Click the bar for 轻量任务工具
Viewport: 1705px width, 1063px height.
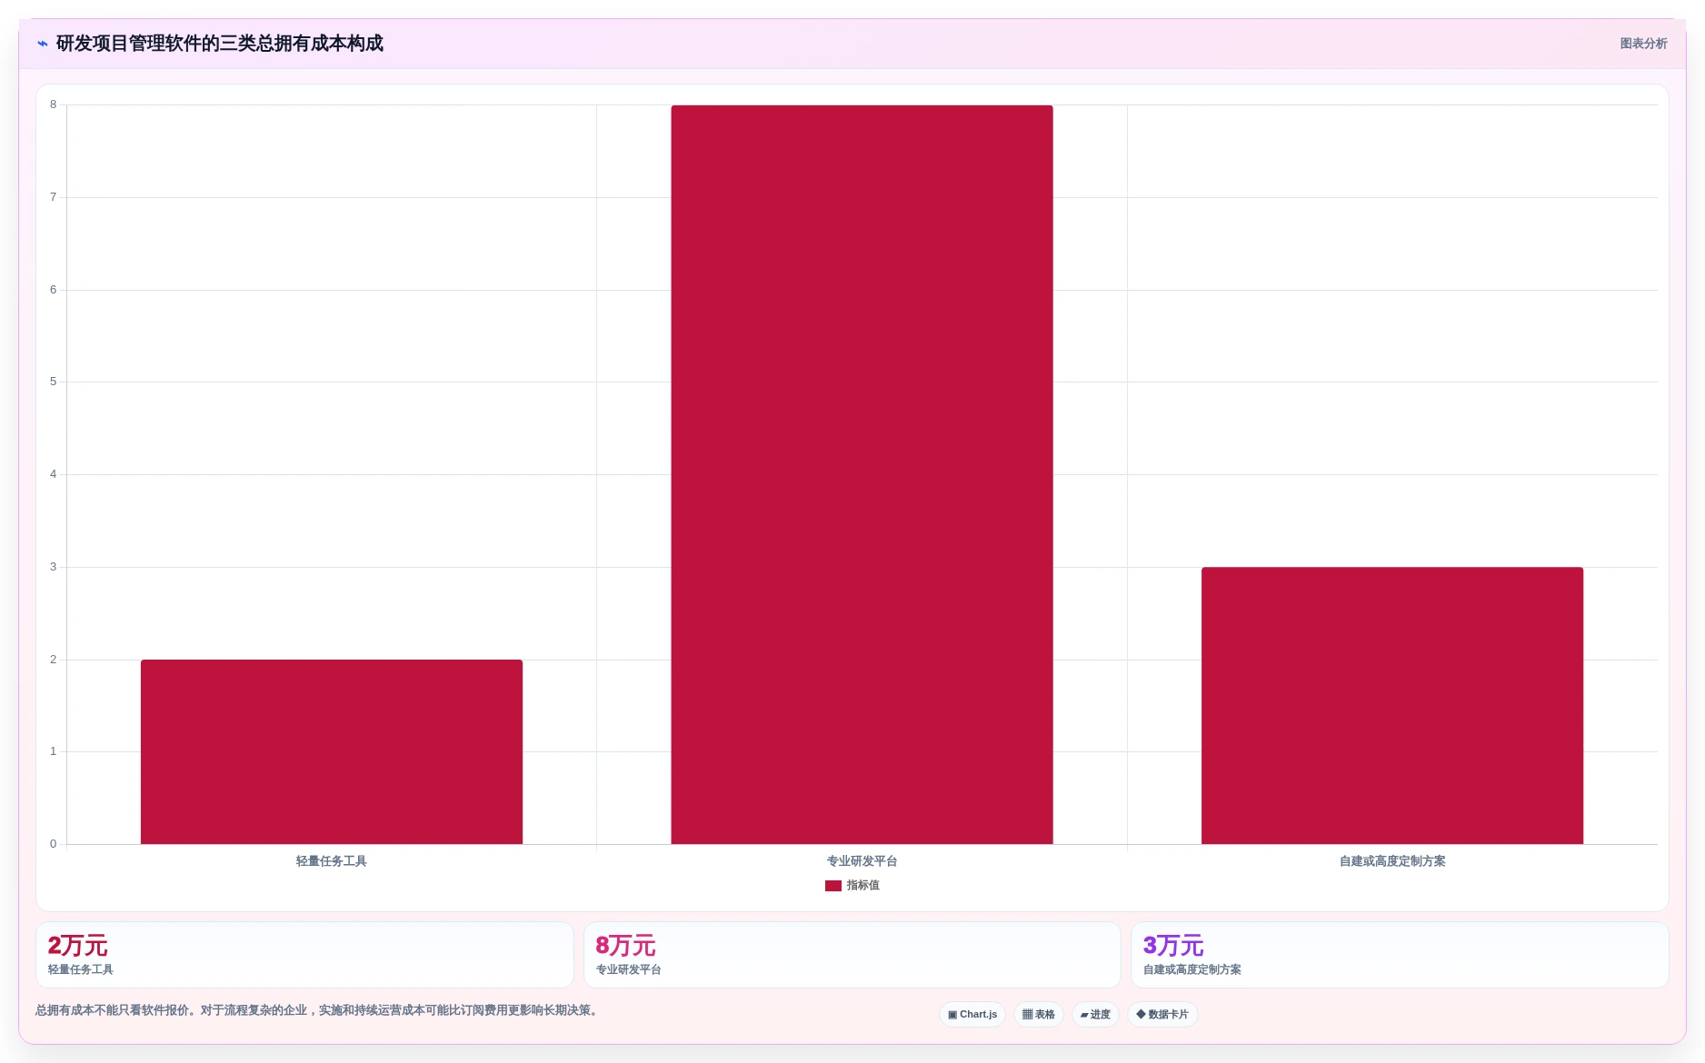tap(332, 751)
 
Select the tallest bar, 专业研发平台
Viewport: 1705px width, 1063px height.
tap(862, 474)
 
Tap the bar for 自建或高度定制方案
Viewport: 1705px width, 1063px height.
tap(1392, 705)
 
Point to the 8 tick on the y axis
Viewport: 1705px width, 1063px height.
tap(53, 104)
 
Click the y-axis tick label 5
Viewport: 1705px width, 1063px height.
tap(53, 382)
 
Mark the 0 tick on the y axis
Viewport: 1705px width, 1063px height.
tap(53, 844)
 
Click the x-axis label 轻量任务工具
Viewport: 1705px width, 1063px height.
tap(332, 861)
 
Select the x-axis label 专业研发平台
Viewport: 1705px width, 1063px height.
tap(862, 861)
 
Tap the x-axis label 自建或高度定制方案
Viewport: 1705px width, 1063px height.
tap(1392, 861)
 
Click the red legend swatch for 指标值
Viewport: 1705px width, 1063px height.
tap(833, 886)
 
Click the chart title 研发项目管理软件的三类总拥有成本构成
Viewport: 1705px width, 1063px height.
tap(220, 44)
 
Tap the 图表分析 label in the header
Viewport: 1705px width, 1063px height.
tap(1643, 44)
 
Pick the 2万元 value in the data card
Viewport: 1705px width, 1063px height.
tap(77, 946)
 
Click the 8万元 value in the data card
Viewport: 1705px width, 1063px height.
tap(625, 946)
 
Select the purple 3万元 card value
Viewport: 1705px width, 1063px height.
tap(1173, 946)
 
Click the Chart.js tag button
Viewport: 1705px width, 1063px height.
tap(972, 1015)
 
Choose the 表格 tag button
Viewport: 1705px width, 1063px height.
tap(1039, 1015)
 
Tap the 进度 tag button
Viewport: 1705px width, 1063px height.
tap(1095, 1015)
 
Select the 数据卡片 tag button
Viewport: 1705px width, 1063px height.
tap(1162, 1015)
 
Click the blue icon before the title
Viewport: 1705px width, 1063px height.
tap(43, 44)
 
